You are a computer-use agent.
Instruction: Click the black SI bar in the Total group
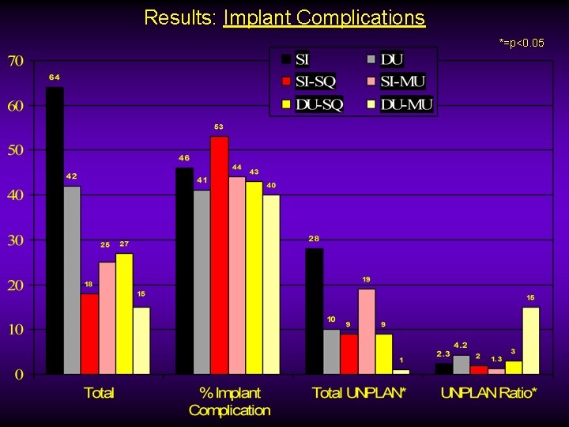click(55, 229)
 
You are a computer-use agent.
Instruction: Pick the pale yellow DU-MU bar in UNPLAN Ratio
click(530, 340)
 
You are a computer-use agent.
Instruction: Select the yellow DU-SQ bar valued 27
click(124, 313)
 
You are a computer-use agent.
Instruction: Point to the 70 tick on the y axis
click(16, 61)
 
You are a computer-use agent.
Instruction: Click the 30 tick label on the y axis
click(16, 240)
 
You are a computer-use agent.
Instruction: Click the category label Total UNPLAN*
click(359, 393)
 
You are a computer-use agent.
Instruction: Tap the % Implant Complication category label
click(229, 401)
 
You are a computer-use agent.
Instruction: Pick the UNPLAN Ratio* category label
click(488, 393)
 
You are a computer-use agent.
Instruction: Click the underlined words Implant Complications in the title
click(324, 17)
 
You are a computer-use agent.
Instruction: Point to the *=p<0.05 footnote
click(521, 42)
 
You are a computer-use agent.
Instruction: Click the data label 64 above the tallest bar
click(55, 77)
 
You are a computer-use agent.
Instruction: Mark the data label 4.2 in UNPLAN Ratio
click(460, 346)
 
